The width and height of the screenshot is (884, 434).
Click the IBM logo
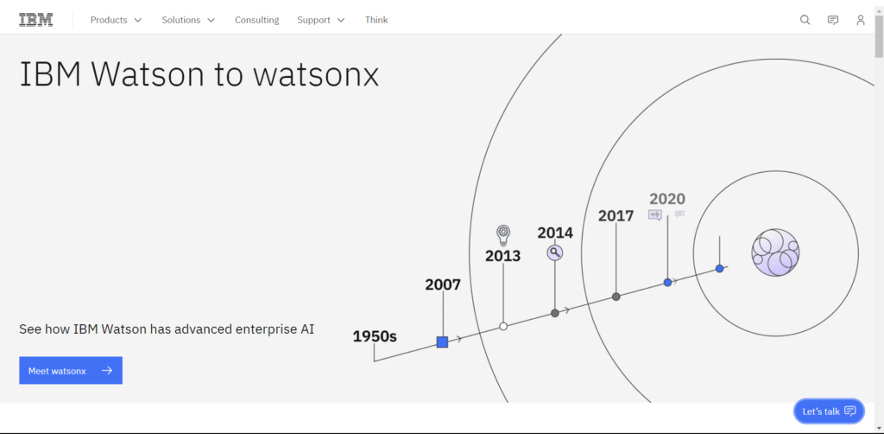[x=35, y=20]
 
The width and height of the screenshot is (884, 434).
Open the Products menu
[x=116, y=20]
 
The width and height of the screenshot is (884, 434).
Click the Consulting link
[x=256, y=20]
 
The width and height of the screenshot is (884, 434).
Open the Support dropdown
[x=320, y=20]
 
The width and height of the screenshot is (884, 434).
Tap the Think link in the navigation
[x=376, y=20]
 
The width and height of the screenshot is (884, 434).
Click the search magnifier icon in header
[x=805, y=20]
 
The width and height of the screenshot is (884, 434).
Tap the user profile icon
[x=860, y=20]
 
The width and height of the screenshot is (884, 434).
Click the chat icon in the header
[x=832, y=20]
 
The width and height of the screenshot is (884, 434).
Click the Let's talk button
[x=828, y=412]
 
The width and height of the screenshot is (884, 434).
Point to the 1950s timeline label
[x=375, y=336]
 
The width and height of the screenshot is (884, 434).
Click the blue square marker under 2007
[x=442, y=342]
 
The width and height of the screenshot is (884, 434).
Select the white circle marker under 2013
[x=503, y=326]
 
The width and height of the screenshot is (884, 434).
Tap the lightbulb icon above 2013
[x=503, y=233]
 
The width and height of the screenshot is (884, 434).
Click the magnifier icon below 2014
[x=555, y=252]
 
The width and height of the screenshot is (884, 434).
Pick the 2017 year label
[x=616, y=216]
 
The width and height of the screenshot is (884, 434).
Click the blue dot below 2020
[x=667, y=283]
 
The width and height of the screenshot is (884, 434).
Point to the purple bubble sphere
[x=775, y=252]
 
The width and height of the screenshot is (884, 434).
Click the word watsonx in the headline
[x=316, y=75]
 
